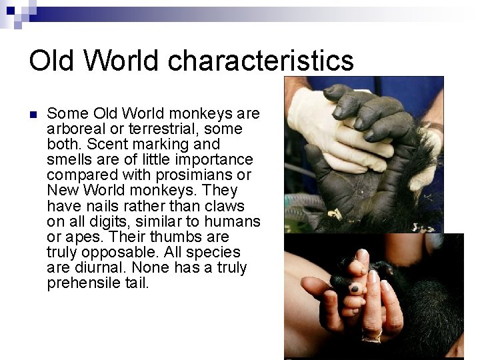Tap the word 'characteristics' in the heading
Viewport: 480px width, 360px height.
tap(261, 61)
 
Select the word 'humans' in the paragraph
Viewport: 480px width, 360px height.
tap(233, 221)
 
